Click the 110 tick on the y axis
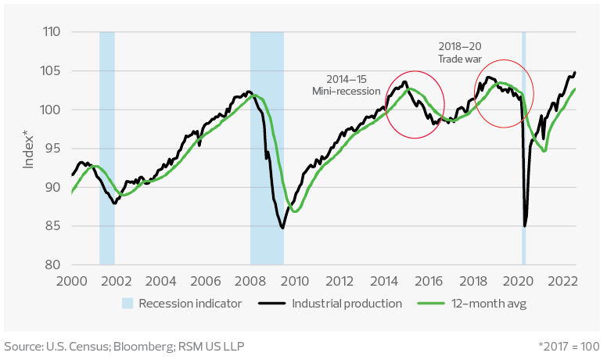pos(52,33)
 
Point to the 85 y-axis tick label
pos(54,226)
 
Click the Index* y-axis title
pos(29,149)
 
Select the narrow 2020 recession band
pos(523,149)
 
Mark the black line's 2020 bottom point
pos(525,226)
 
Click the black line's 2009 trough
pos(282,228)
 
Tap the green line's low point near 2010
pos(295,211)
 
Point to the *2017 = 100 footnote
pos(569,346)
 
